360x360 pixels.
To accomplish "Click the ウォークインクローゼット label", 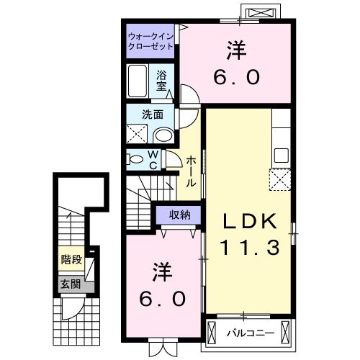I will click(150, 40).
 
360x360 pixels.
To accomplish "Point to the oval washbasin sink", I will click(163, 135).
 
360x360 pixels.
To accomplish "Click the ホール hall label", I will click(192, 172).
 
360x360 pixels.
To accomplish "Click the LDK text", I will click(248, 221).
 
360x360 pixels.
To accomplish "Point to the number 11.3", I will click(249, 248).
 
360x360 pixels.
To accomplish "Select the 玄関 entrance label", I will click(70, 284).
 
